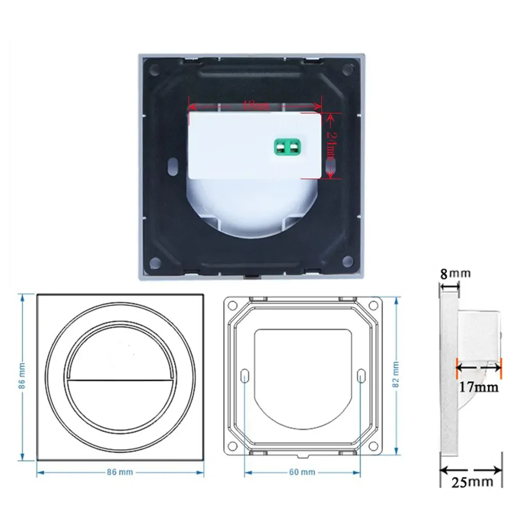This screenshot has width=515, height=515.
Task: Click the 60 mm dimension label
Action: [301, 472]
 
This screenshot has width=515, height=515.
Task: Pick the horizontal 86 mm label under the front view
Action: [121, 472]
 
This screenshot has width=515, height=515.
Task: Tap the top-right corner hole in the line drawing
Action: [372, 305]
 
